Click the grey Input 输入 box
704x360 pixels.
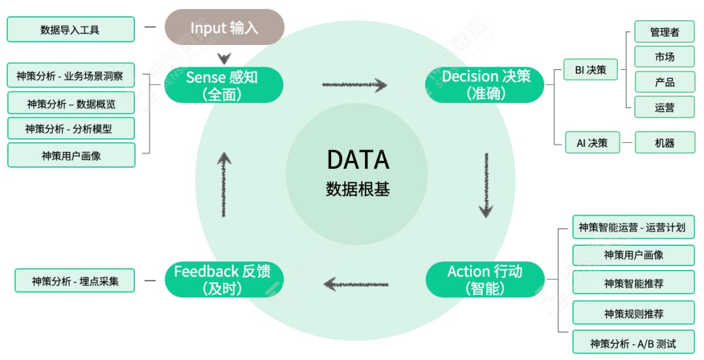tap(224, 27)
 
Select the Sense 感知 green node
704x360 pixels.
tap(223, 85)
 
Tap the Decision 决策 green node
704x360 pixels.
tap(485, 85)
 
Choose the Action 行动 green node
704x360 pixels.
tap(485, 279)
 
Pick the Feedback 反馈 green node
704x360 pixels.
tap(223, 279)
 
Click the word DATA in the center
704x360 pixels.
tap(357, 160)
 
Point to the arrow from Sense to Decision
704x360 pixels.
tap(354, 85)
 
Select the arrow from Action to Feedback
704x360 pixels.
tap(356, 284)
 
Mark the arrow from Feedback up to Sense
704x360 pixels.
tap(224, 184)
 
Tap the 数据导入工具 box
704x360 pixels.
tap(70, 29)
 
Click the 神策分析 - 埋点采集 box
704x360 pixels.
tap(74, 281)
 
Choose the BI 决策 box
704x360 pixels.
tap(591, 70)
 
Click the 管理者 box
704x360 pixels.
tap(664, 32)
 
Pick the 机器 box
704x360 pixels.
tap(664, 143)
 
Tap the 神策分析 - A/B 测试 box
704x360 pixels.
tap(633, 343)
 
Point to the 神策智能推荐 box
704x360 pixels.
tap(633, 284)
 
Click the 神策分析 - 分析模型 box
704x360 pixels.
tap(70, 129)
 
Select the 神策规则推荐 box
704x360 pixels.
tap(633, 314)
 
